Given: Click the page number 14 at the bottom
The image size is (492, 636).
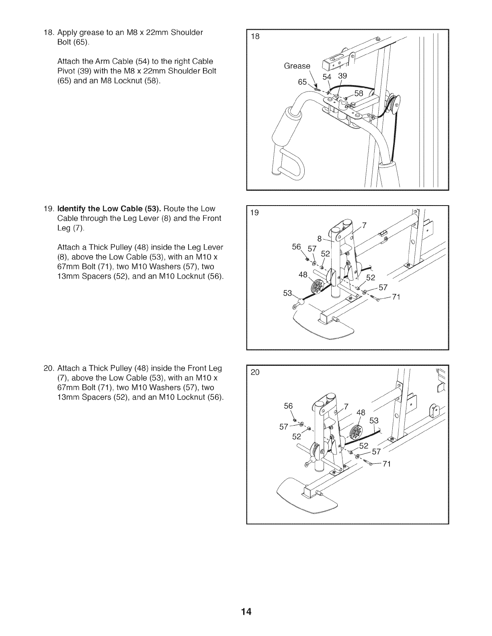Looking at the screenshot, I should point(246,612).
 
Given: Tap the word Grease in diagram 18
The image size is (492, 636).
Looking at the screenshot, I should point(297,66).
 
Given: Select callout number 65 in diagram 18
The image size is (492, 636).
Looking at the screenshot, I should point(302,82).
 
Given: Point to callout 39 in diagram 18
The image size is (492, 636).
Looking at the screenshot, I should point(342,76).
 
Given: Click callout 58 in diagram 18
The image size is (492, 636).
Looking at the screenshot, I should point(359,94).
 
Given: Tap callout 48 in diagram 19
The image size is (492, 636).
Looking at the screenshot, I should point(303,275).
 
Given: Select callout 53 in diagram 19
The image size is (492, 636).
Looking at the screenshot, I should point(288,294).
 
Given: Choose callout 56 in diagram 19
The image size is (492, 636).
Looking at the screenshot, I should point(297,247).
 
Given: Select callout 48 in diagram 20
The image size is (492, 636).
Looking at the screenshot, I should point(361,412).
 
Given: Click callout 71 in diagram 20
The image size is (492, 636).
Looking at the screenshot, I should point(386,464).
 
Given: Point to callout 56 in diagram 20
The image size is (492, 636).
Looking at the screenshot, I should point(288,406).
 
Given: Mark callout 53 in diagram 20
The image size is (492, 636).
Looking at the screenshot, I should point(374,420).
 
